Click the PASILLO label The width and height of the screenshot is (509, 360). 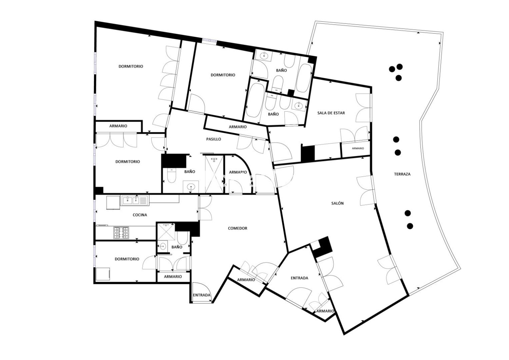pyautogui.click(x=213, y=139)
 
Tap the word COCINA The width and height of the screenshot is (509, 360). pyautogui.click(x=140, y=215)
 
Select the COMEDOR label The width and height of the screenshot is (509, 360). pyautogui.click(x=237, y=228)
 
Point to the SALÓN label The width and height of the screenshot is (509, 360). pyautogui.click(x=337, y=203)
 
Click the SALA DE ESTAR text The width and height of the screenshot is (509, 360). pyautogui.click(x=331, y=113)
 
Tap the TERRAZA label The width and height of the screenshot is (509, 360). pyautogui.click(x=402, y=174)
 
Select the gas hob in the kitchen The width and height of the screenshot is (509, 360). pyautogui.click(x=121, y=233)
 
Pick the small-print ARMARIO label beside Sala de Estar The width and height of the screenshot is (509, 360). pyautogui.click(x=358, y=148)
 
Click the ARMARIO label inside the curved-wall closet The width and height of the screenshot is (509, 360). pyautogui.click(x=238, y=172)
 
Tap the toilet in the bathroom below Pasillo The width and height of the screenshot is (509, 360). pyautogui.click(x=171, y=175)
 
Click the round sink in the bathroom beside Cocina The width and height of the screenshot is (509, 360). pyautogui.click(x=162, y=246)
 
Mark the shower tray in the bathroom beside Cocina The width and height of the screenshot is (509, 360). pyautogui.click(x=166, y=231)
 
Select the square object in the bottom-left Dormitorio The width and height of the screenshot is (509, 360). pyautogui.click(x=103, y=274)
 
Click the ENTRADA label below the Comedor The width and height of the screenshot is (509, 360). pyautogui.click(x=202, y=295)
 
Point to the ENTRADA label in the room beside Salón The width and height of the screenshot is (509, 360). pyautogui.click(x=299, y=278)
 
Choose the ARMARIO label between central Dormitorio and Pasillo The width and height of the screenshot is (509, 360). pyautogui.click(x=238, y=127)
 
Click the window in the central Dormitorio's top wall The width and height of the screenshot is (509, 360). pyautogui.click(x=209, y=40)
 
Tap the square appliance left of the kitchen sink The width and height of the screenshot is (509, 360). pyautogui.click(x=113, y=202)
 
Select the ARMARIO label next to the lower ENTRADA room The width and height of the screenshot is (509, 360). pyautogui.click(x=325, y=311)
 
